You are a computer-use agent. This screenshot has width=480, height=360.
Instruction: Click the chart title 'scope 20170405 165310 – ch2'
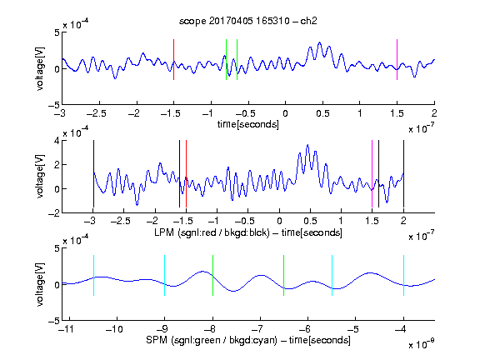(248, 21)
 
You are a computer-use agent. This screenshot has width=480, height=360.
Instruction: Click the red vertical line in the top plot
(173, 59)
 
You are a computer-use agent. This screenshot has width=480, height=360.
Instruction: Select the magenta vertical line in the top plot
(397, 59)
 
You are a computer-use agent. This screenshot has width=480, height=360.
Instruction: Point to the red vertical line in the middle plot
(186, 173)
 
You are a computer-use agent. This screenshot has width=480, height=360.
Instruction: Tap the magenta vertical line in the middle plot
(372, 173)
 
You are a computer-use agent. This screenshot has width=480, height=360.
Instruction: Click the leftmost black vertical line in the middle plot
(93, 173)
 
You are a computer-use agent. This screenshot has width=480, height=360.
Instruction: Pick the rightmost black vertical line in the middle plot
(403, 173)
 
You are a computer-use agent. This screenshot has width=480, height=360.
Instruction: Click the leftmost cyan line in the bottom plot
(93, 275)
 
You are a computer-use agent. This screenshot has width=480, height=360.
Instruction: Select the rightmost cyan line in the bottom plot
(403, 275)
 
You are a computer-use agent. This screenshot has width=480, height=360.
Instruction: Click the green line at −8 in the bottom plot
(212, 275)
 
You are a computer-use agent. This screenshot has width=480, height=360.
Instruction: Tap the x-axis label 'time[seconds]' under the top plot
(248, 124)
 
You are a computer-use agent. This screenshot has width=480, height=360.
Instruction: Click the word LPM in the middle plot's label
(164, 232)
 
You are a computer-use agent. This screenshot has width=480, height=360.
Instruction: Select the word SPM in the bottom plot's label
(157, 340)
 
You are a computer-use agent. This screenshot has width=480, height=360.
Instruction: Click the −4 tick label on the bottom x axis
(400, 329)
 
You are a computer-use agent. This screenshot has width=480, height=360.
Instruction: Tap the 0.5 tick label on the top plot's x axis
(322, 113)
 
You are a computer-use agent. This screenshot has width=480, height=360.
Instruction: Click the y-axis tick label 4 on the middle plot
(57, 142)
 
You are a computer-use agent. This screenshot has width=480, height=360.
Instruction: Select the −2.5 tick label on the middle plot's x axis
(121, 221)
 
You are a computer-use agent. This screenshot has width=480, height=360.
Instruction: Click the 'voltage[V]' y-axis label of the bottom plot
(40, 284)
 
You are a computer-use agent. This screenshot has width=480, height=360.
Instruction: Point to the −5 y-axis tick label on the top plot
(53, 105)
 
